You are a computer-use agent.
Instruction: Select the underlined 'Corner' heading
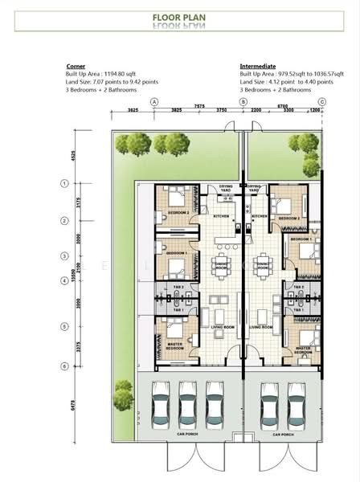click(76, 67)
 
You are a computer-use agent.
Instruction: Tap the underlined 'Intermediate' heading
click(257, 67)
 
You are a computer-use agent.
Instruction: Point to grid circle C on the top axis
click(321, 102)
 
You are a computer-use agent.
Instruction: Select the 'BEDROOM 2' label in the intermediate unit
click(288, 218)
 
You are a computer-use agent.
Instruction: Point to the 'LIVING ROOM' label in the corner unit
click(217, 327)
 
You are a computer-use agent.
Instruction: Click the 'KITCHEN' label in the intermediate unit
click(260, 217)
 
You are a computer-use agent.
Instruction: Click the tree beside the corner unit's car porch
click(123, 394)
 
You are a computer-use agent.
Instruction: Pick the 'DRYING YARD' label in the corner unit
click(226, 190)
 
